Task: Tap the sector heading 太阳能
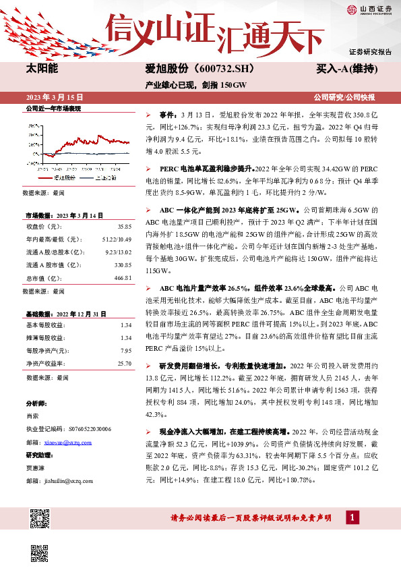click(x=41, y=69)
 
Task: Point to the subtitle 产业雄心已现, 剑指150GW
click(x=196, y=84)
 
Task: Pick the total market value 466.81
click(x=122, y=277)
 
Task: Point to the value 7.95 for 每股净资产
click(x=125, y=351)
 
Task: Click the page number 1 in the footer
click(x=350, y=517)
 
